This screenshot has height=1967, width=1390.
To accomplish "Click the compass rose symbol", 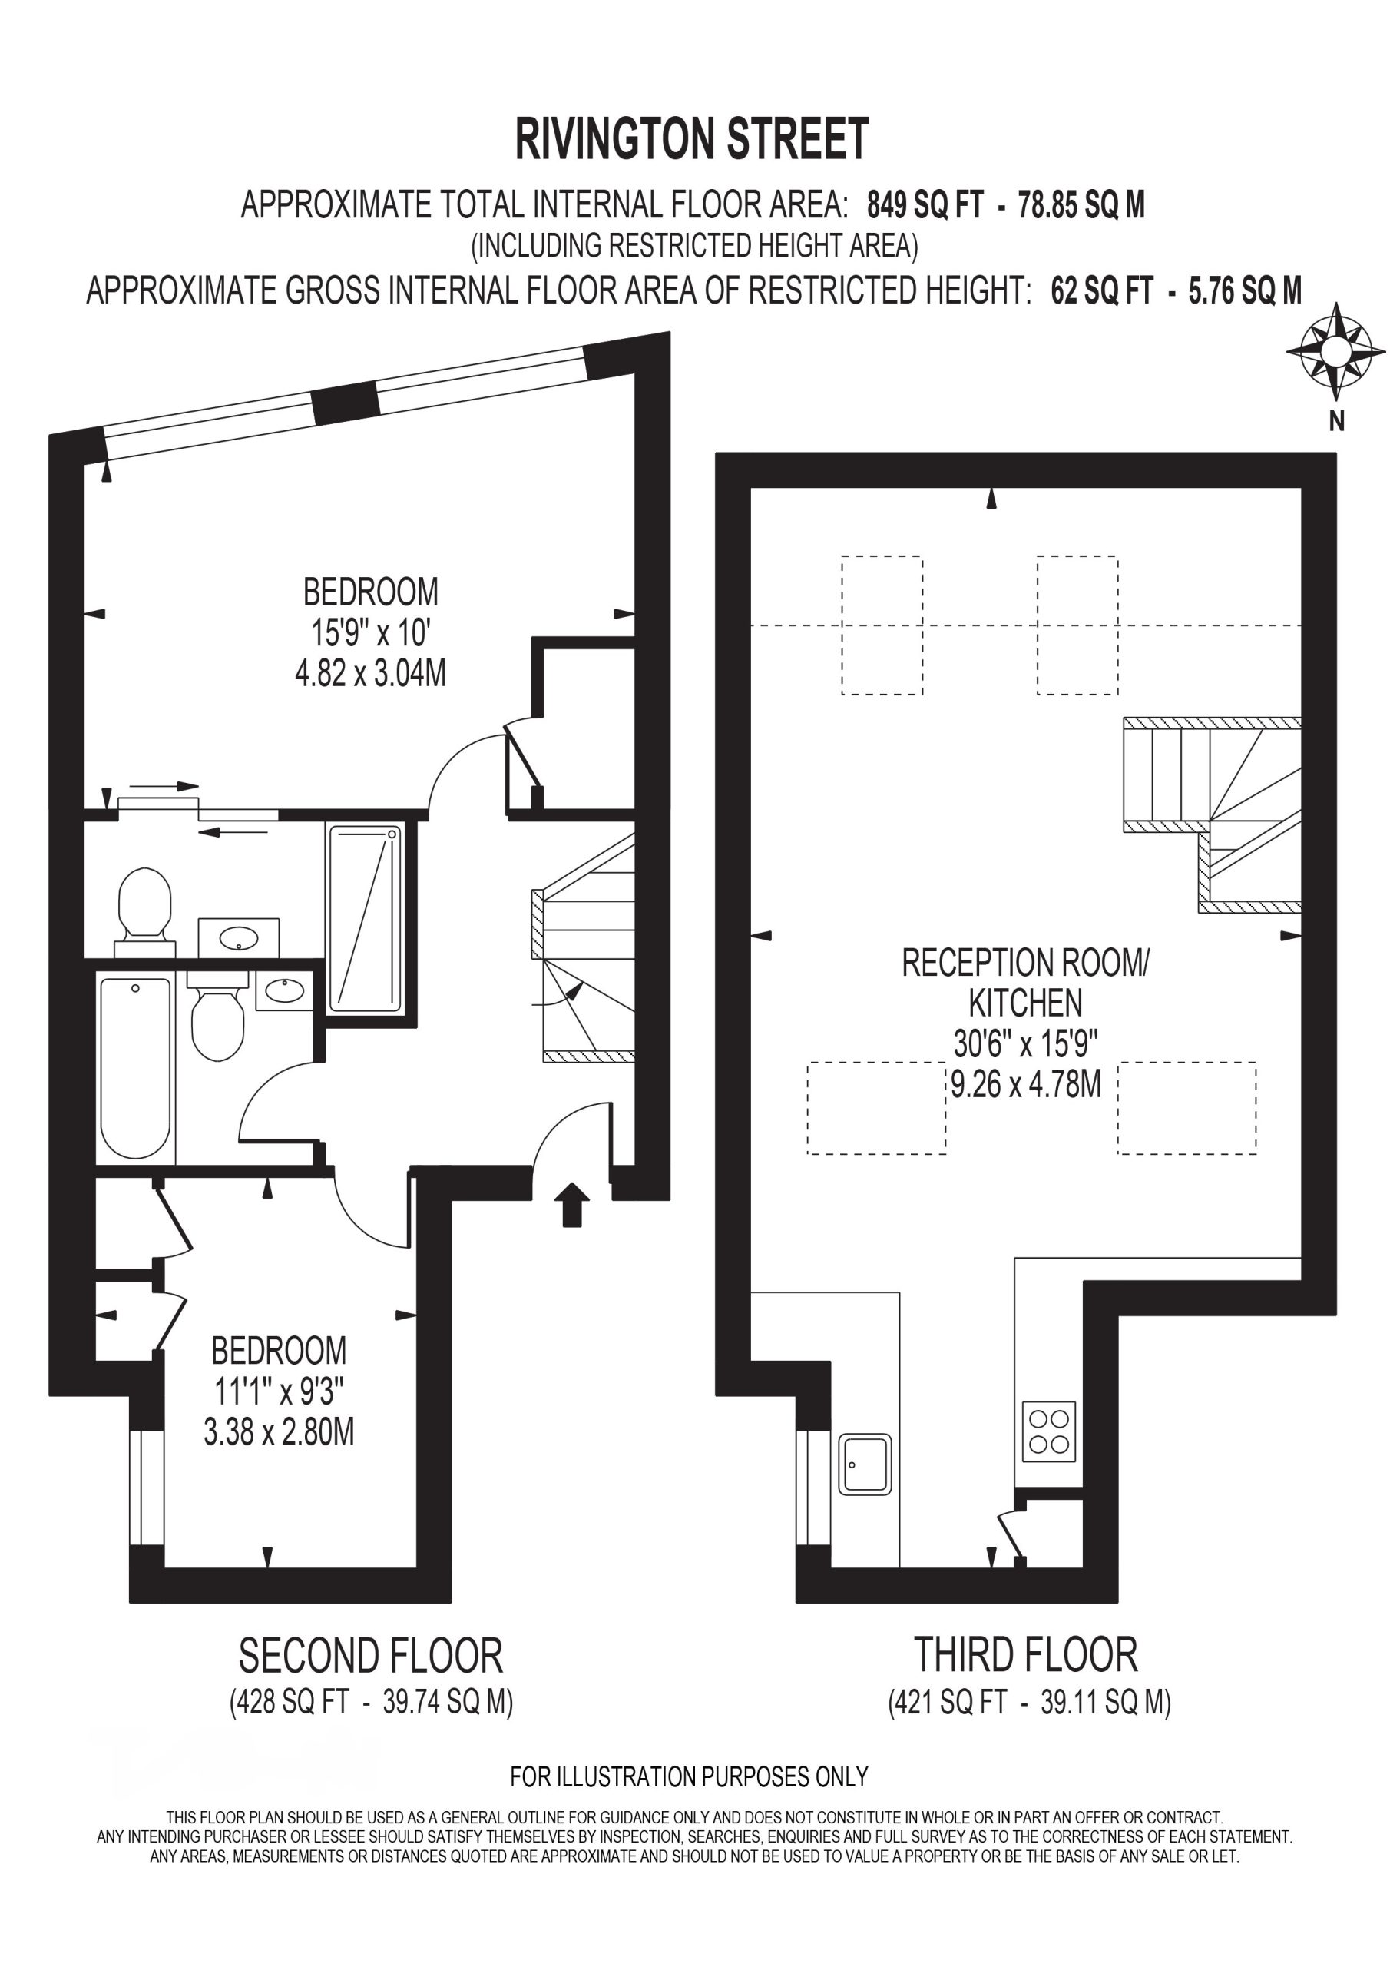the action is pyautogui.click(x=1335, y=351).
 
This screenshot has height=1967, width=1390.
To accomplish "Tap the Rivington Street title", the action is pyautogui.click(x=692, y=140).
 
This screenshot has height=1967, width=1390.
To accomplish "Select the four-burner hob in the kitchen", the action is pyautogui.click(x=1049, y=1431).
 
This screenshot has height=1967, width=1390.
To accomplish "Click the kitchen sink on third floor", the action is pyautogui.click(x=865, y=1464).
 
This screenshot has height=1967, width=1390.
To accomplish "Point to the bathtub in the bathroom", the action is pyautogui.click(x=136, y=1068).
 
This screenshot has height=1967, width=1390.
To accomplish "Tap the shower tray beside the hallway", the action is pyautogui.click(x=366, y=917).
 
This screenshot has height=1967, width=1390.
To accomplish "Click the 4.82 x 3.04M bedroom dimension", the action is pyautogui.click(x=371, y=673).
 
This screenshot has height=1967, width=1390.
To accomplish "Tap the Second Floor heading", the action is pyautogui.click(x=371, y=1656).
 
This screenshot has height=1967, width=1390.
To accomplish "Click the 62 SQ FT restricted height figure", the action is pyautogui.click(x=1102, y=291).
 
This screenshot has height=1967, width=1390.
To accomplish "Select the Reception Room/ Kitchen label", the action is pyautogui.click(x=1026, y=983).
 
